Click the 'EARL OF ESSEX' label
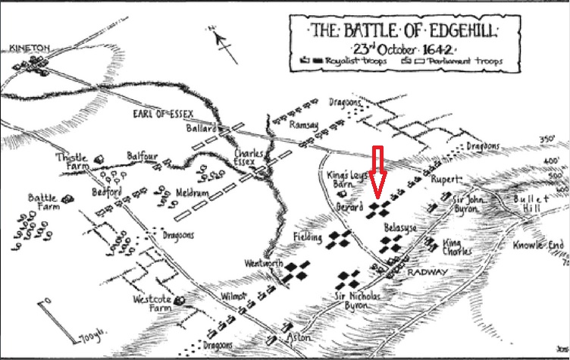[x=154, y=114]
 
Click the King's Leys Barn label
[x=346, y=180]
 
